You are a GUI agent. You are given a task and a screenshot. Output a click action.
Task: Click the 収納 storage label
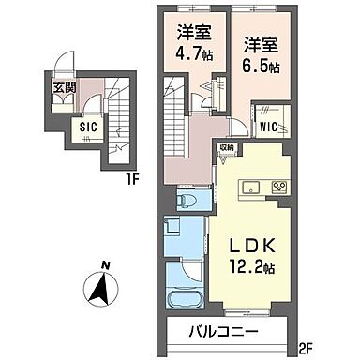228,148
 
